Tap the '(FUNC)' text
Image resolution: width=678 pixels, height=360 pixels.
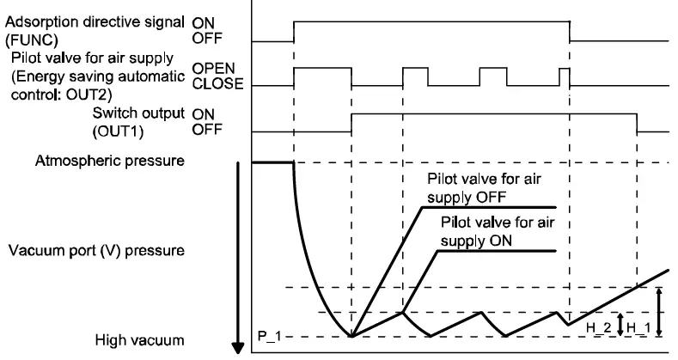point(28,40)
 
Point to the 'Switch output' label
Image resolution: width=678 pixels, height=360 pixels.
point(137,113)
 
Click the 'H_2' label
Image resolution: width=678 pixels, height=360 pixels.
point(592,327)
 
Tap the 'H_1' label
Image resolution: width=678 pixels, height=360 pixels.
point(638,327)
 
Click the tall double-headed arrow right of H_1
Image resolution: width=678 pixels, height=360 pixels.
point(657,312)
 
